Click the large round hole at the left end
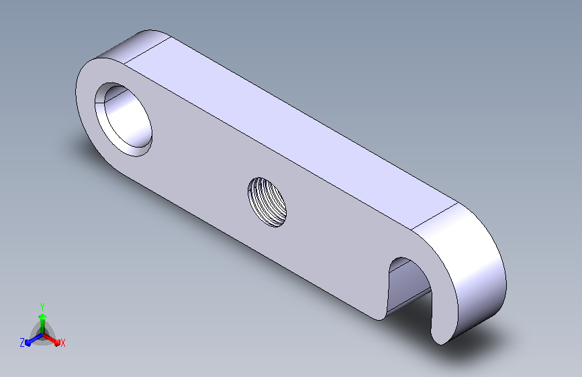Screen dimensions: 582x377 (124, 119)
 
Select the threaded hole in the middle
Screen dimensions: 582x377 (267, 202)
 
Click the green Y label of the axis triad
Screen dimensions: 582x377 (42, 307)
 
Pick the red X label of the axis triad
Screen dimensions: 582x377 (62, 343)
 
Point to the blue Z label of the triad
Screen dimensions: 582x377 (22, 343)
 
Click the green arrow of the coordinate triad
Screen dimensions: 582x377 (43, 325)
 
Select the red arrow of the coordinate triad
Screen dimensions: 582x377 (51, 339)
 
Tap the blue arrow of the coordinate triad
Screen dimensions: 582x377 (34, 339)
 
